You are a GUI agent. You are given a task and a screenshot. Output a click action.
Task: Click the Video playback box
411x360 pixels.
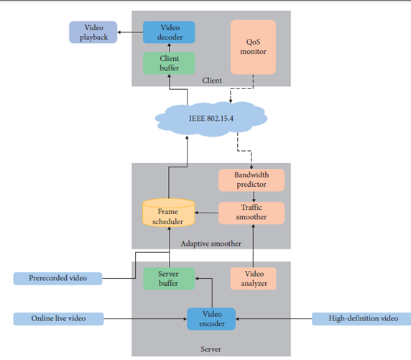[93, 32]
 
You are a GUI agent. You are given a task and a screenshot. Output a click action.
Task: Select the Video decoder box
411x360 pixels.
[169, 32]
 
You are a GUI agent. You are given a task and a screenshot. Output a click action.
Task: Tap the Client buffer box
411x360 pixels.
[169, 63]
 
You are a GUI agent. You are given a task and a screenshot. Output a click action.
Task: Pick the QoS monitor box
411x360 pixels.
[253, 47]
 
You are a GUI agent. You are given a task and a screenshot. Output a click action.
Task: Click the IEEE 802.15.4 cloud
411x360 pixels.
[211, 119]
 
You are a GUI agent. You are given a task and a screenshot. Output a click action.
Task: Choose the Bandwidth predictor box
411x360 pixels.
[251, 180]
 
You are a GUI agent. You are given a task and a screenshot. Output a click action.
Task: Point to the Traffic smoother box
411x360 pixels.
[251, 213]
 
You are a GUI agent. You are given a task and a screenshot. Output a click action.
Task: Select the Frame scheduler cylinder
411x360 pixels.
[169, 213]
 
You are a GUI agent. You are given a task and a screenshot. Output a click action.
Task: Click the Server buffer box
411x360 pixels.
[169, 279]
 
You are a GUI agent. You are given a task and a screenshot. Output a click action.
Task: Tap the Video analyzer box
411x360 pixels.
[253, 279]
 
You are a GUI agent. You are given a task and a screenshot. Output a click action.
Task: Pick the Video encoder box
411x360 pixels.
[211, 319]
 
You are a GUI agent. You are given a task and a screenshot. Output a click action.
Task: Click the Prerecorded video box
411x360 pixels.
[57, 279]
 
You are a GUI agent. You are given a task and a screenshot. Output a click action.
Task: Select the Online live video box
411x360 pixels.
[58, 319]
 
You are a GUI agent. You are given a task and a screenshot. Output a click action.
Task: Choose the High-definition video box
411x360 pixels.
[361, 319]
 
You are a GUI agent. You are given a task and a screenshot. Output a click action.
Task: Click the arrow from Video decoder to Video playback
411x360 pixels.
[130, 32]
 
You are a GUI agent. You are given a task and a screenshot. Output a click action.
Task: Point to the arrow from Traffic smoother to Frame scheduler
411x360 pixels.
[207, 213]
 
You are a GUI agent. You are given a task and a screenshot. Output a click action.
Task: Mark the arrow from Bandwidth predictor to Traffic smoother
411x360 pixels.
[254, 197]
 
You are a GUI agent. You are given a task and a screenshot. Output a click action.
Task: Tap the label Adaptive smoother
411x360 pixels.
[211, 244]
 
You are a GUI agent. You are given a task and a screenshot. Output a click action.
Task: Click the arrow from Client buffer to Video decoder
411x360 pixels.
[169, 47]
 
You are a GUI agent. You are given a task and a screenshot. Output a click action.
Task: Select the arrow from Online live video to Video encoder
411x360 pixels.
[145, 319]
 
